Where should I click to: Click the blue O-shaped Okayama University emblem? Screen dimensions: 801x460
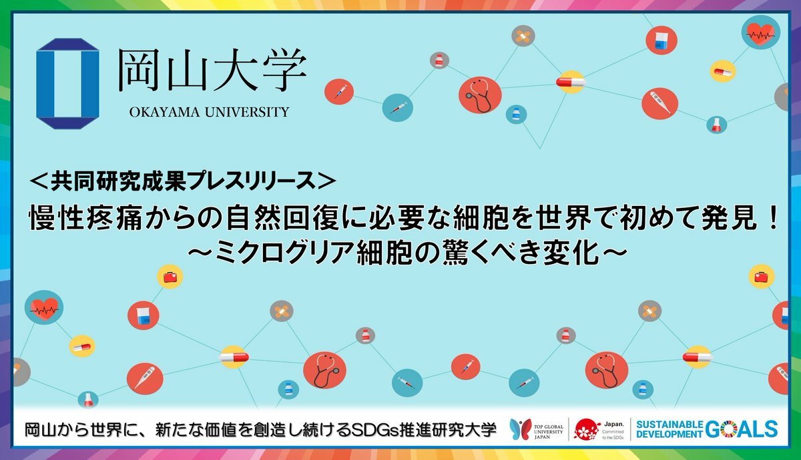pyautogui.click(x=67, y=83)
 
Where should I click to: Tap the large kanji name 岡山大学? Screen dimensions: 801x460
pyautogui.click(x=212, y=69)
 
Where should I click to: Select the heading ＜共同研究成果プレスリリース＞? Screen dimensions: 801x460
pyautogui.click(x=183, y=182)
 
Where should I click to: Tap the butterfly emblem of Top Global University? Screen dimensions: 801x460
pyautogui.click(x=520, y=429)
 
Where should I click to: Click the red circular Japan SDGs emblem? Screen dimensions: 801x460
pyautogui.click(x=587, y=429)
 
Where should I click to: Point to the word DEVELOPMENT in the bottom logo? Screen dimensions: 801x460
pyautogui.click(x=670, y=434)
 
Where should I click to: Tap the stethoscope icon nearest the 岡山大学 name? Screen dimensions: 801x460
pyautogui.click(x=480, y=95)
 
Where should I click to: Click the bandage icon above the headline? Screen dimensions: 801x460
pyautogui.click(x=523, y=36)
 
